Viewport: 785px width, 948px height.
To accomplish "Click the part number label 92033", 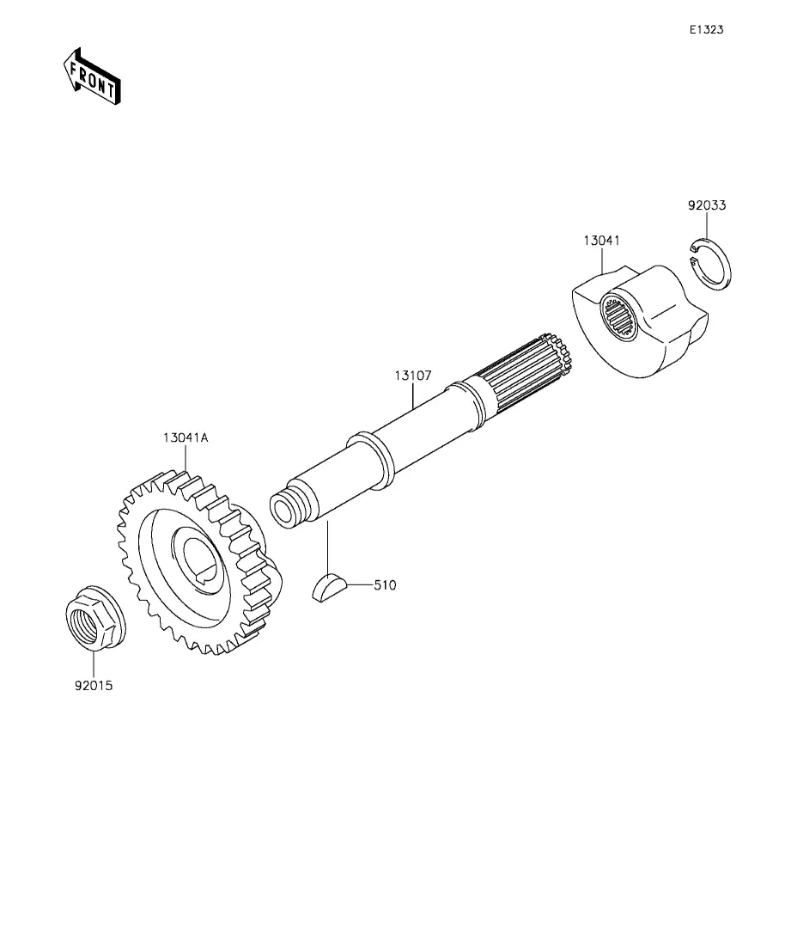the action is (x=707, y=205).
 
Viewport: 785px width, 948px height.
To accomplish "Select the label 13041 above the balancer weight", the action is (x=602, y=240).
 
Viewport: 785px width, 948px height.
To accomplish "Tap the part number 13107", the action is (x=413, y=376).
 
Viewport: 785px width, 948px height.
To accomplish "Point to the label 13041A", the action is (x=186, y=437).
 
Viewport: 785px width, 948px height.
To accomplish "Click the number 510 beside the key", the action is (x=385, y=585).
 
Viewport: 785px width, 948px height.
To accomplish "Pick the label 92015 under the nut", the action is (x=94, y=686).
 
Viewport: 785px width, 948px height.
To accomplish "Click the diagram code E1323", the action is (x=707, y=29).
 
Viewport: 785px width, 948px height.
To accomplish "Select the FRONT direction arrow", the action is (x=92, y=77).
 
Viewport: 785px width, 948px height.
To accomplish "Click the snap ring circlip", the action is (x=710, y=265).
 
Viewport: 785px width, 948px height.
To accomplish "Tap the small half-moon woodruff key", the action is (x=329, y=589).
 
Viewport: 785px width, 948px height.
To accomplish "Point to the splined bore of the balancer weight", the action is (x=619, y=316).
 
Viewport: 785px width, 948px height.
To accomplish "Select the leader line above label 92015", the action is (x=94, y=665).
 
